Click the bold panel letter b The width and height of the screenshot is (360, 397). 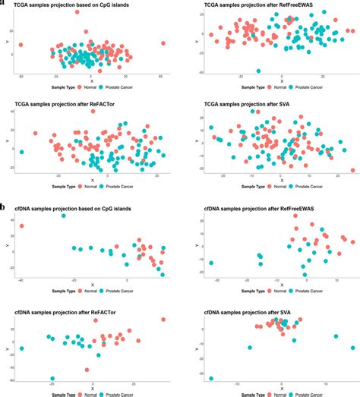coord(5,206)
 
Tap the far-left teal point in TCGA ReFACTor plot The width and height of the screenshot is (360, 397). coord(21,152)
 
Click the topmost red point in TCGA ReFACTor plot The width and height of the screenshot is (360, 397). coord(93,112)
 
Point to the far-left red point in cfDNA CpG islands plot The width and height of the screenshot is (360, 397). coord(21,225)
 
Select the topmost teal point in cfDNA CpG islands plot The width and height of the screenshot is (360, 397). coord(63,216)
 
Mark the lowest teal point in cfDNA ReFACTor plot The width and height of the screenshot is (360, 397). coord(52,378)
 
